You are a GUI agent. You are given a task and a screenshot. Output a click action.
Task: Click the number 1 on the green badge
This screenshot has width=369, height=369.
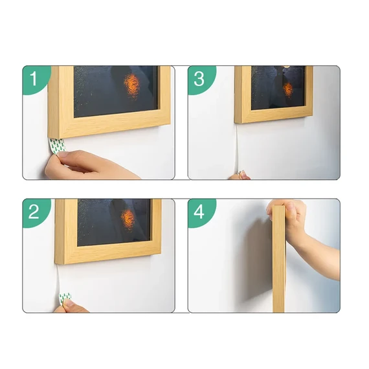click(x=34, y=78)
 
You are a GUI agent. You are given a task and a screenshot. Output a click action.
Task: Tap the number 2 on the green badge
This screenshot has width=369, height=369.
click(x=34, y=212)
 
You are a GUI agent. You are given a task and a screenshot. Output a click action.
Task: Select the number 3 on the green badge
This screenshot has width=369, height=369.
click(x=199, y=78)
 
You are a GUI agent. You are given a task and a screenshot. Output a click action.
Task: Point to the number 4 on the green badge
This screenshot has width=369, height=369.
click(x=199, y=212)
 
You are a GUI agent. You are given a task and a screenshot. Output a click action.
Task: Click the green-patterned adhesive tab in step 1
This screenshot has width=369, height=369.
click(x=57, y=146)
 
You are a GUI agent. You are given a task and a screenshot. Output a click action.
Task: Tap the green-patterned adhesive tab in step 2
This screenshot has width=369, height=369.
click(x=65, y=298)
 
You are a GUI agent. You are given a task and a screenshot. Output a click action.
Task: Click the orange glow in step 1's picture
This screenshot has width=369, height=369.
click(x=132, y=85)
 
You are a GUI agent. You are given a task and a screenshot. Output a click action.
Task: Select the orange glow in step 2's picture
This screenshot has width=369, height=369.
click(x=128, y=218)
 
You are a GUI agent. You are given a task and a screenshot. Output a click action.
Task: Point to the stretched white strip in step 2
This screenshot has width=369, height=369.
click(x=58, y=278)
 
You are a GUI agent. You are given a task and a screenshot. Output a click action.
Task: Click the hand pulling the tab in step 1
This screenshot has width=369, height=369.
click(x=89, y=165)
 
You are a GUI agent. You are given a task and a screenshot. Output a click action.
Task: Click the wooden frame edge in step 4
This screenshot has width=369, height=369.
click(x=279, y=259)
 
